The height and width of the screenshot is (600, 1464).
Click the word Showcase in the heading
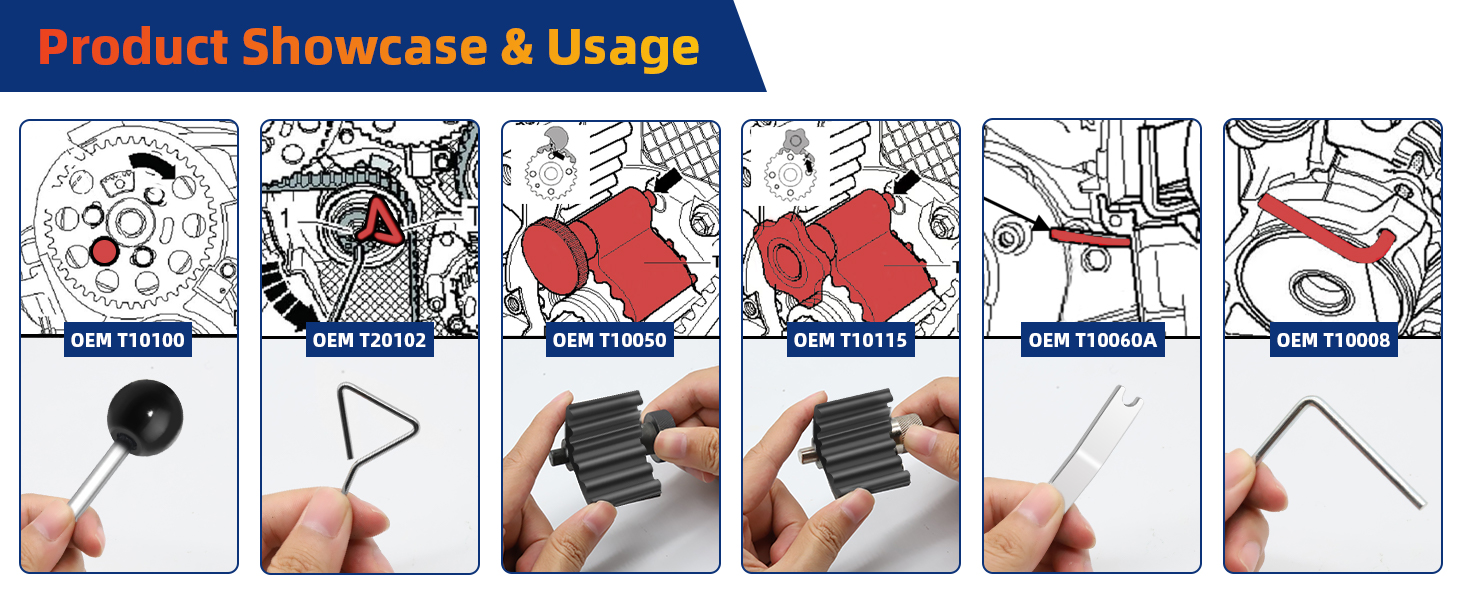[x=365, y=47]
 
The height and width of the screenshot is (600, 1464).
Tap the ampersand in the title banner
[x=517, y=47]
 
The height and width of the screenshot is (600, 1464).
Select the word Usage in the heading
[x=624, y=50]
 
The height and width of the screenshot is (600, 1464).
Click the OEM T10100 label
[x=127, y=340]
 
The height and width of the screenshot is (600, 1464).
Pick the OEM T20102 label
[x=369, y=340]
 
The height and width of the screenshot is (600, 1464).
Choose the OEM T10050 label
[x=610, y=340]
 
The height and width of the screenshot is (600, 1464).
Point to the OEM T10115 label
[x=850, y=340]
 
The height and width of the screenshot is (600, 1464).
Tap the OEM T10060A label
[x=1093, y=340]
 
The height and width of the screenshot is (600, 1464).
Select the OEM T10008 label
[x=1333, y=340]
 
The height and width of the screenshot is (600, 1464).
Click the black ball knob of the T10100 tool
[x=145, y=417]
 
